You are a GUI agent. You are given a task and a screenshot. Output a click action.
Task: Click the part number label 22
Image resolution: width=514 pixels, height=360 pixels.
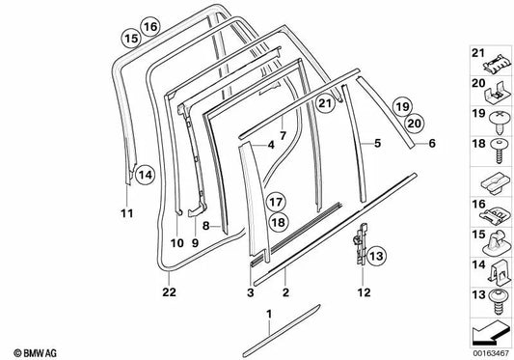(x=169, y=291)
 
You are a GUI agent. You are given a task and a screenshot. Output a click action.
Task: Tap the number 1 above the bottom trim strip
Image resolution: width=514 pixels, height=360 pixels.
(x=269, y=314)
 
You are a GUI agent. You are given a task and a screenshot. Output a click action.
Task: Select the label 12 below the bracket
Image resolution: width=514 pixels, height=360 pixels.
(x=364, y=292)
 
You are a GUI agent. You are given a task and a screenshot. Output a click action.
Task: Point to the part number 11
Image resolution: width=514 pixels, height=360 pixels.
(x=127, y=213)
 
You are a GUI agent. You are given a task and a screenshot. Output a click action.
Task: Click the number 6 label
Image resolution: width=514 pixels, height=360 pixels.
(x=432, y=143)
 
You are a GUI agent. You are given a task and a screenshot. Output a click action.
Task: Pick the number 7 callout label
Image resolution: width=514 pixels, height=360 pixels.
(x=283, y=135)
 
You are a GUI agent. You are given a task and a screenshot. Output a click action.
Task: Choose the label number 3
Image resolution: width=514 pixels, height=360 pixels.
(x=251, y=292)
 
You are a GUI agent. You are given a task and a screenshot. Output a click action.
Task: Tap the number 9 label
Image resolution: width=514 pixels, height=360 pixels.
(x=195, y=243)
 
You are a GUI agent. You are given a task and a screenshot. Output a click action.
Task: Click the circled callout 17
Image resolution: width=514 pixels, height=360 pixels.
(x=276, y=202)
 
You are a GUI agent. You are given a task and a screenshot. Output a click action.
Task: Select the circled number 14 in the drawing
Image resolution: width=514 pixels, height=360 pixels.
(x=146, y=175)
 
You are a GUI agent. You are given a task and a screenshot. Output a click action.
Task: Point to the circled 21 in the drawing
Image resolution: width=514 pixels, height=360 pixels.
(x=325, y=103)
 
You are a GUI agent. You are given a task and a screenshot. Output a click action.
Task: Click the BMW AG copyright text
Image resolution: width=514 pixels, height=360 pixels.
(x=35, y=353)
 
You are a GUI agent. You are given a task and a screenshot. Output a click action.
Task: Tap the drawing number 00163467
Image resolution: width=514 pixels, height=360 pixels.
(x=491, y=354)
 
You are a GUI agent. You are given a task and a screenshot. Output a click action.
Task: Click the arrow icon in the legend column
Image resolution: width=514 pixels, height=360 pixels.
(x=490, y=333)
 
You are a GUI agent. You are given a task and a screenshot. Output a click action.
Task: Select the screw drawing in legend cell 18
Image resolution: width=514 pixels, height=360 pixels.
(x=499, y=151)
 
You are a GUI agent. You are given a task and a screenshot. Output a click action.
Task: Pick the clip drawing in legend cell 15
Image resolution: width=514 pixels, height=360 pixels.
(x=497, y=243)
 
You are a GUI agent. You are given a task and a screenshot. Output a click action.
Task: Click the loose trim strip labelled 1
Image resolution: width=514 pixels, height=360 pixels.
(x=281, y=331)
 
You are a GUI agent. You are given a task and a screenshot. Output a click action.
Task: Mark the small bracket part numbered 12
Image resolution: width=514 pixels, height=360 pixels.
(x=361, y=243)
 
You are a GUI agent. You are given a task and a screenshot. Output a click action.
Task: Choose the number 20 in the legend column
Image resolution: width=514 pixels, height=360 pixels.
(x=478, y=83)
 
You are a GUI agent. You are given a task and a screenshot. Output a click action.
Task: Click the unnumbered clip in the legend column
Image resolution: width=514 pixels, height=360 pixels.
(x=496, y=184)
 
